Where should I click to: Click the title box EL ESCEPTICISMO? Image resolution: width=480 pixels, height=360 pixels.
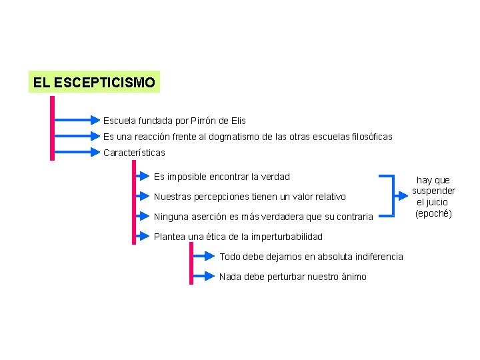coord(94,83)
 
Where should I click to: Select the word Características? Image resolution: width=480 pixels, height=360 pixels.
coord(134,153)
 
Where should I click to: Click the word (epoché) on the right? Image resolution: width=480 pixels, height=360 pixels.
coord(433,213)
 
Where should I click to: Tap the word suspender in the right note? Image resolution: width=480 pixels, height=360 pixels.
coord(433,191)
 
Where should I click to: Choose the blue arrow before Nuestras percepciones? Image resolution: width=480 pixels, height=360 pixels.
coord(142,197)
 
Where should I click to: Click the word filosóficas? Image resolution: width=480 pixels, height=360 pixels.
coord(369,137)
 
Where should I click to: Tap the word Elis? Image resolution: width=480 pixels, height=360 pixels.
coord(238,121)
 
